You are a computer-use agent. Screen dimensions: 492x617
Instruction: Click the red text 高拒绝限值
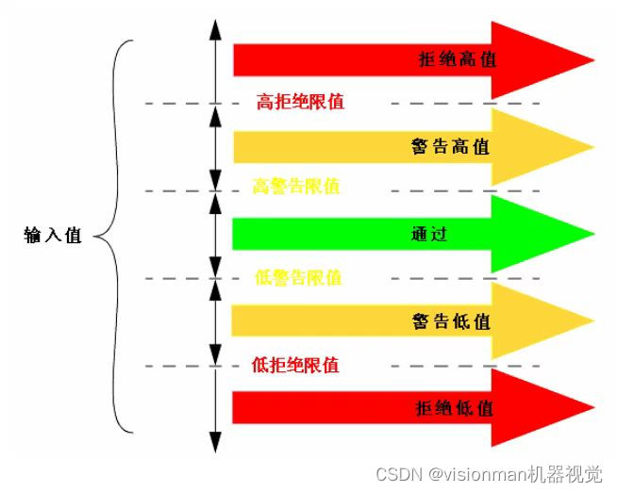coord(300,102)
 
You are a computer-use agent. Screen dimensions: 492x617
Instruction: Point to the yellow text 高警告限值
coord(296,187)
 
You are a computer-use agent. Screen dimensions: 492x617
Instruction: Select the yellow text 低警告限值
coord(298,278)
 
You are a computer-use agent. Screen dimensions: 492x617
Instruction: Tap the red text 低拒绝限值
coord(295,365)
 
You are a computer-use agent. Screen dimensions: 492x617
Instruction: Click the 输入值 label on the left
coord(53,236)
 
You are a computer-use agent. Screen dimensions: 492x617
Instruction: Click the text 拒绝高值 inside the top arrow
coord(457,59)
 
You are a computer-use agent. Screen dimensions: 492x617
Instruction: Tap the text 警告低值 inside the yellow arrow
coord(450,320)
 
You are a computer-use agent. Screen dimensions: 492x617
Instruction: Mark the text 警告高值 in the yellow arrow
coord(450,147)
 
